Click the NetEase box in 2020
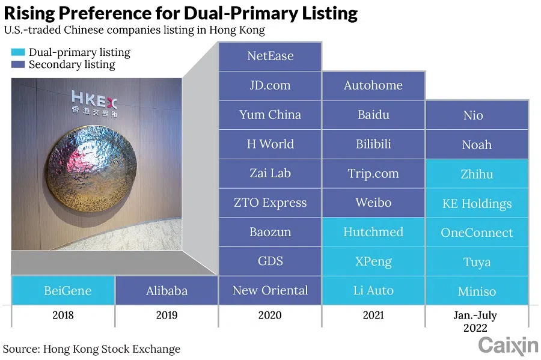click(x=270, y=56)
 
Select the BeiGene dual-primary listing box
click(x=63, y=291)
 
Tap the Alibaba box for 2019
click(x=167, y=291)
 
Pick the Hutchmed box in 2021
click(x=373, y=232)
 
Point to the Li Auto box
click(x=373, y=291)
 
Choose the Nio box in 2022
click(x=477, y=115)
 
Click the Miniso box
click(x=477, y=291)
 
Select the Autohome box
click(x=373, y=85)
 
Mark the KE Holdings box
click(x=477, y=204)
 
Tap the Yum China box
click(x=270, y=115)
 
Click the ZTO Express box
click(x=270, y=203)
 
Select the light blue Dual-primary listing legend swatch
click(x=17, y=53)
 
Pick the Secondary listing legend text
click(x=72, y=64)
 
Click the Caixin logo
click(x=508, y=346)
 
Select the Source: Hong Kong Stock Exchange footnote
click(x=91, y=349)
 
